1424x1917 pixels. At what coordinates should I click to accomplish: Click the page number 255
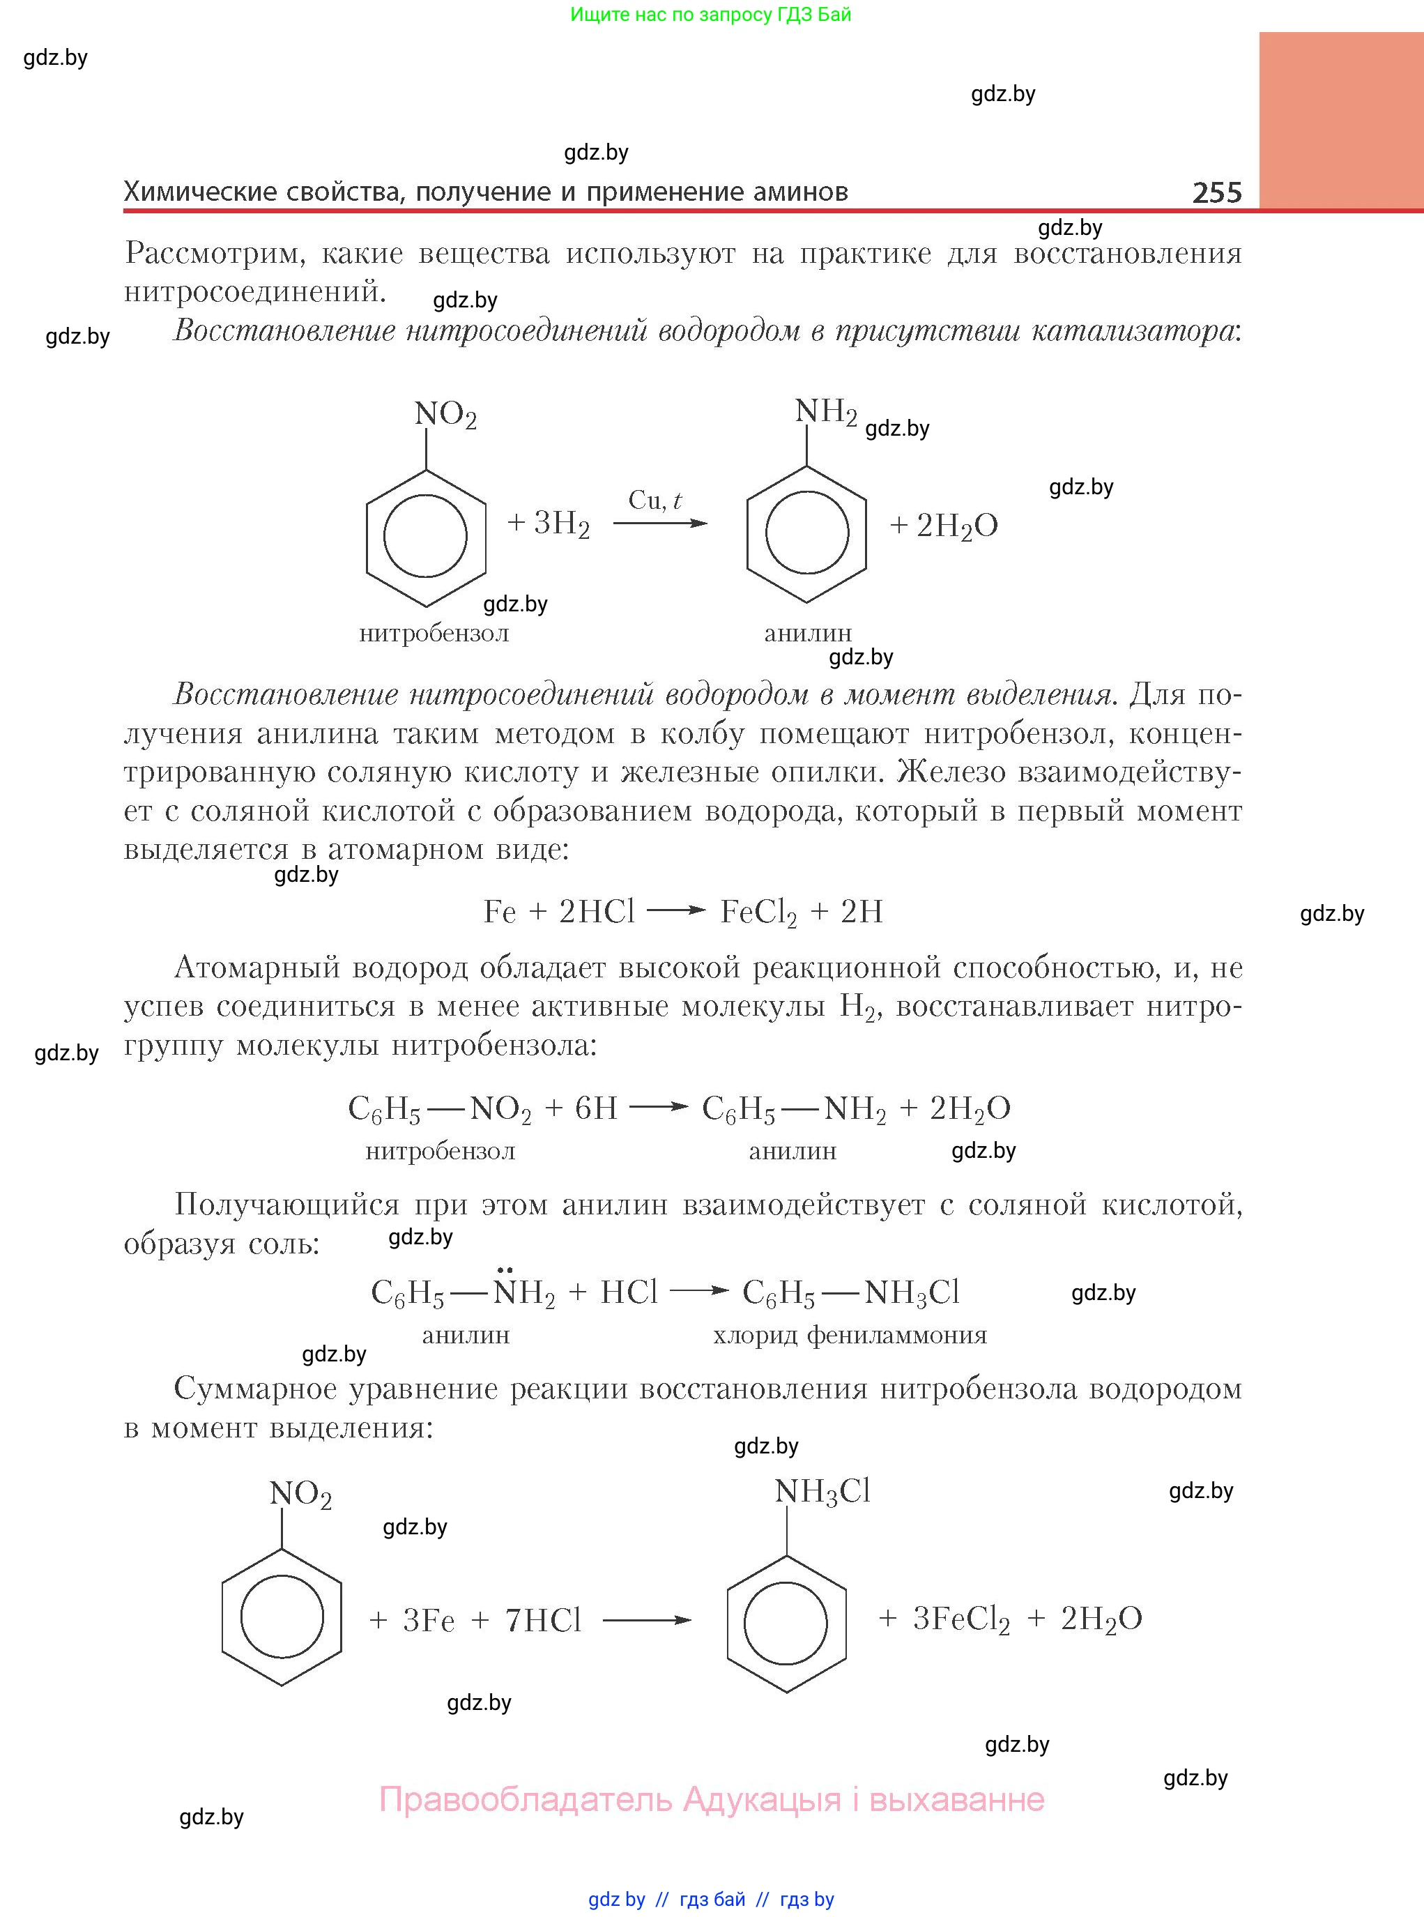point(1216,192)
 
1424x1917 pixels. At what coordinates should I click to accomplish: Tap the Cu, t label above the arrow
point(655,500)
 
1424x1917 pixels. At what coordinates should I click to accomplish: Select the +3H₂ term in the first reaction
point(549,524)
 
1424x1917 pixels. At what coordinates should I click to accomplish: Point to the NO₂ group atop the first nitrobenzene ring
point(445,415)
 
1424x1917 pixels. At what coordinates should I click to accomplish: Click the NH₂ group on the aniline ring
point(825,412)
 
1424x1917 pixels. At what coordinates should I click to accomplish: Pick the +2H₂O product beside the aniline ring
point(944,525)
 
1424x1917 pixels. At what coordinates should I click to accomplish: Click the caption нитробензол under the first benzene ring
point(434,634)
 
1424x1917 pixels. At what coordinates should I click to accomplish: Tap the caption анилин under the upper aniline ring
point(808,633)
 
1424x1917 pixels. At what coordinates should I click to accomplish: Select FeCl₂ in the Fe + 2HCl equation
point(758,912)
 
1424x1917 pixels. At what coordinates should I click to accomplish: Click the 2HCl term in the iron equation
point(597,911)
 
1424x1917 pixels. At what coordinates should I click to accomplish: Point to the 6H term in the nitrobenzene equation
point(596,1108)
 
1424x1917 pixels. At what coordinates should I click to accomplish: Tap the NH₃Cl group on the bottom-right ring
point(822,1491)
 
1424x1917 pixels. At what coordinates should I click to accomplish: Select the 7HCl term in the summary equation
point(543,1621)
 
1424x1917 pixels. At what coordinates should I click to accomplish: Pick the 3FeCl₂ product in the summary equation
point(960,1619)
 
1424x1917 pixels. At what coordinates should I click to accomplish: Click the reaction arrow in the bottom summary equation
point(647,1621)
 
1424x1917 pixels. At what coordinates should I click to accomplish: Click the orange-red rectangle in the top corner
point(1340,121)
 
